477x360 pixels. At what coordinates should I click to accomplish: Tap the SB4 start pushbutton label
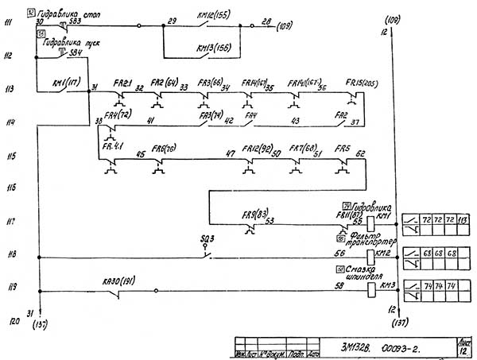pos(76,52)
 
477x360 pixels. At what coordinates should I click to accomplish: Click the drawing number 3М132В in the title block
pos(356,346)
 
